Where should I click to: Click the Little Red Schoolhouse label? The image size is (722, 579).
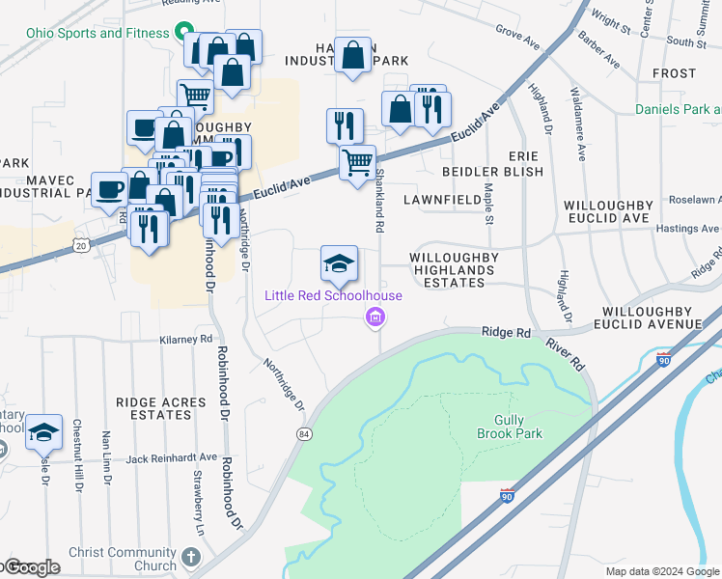(x=333, y=295)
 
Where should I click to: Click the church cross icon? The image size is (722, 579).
(x=191, y=558)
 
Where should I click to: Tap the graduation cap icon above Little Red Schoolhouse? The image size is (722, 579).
(x=339, y=262)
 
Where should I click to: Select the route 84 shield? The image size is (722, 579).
(x=305, y=435)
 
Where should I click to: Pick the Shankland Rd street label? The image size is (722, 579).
(x=380, y=198)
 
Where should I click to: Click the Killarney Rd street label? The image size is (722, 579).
(x=187, y=340)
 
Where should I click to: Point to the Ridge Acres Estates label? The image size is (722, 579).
(x=161, y=408)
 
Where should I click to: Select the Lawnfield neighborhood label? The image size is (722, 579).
(x=442, y=200)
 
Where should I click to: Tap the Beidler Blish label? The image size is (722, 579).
(x=492, y=172)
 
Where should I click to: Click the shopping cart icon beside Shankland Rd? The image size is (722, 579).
(x=357, y=163)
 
